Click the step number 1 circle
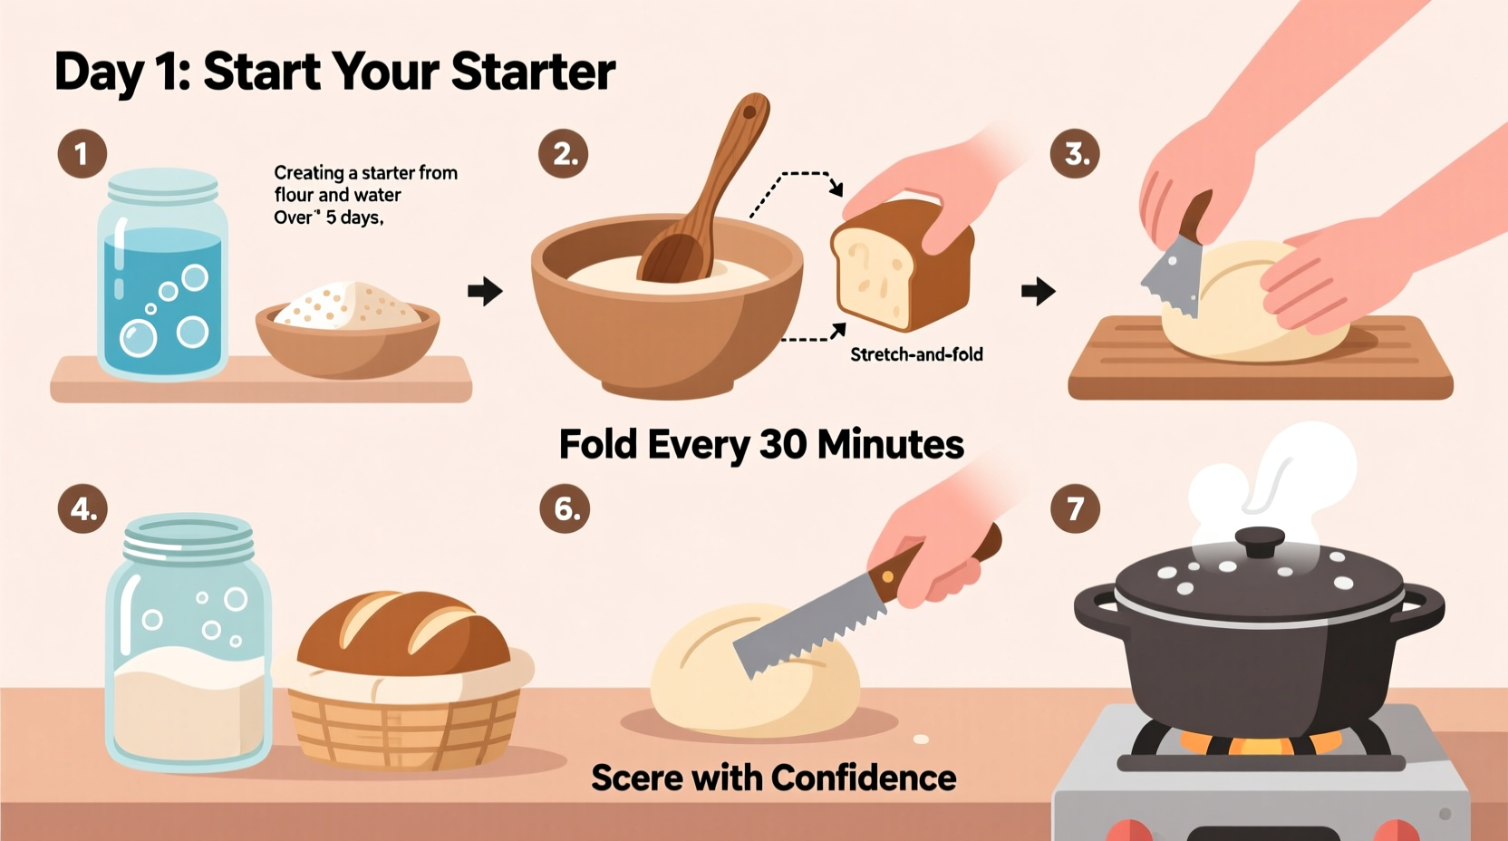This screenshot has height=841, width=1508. [x=82, y=153]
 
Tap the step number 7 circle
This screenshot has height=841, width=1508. [x=1075, y=508]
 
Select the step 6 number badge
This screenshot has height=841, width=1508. [x=565, y=508]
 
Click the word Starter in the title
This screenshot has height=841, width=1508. [x=533, y=72]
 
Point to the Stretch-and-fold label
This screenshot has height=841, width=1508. [x=916, y=354]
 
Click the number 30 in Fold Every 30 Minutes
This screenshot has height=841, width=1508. [x=781, y=444]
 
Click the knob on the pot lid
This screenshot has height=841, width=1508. [x=1259, y=542]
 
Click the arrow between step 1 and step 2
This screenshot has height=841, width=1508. [x=485, y=291]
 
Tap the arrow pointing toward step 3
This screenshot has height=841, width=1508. [x=1038, y=291]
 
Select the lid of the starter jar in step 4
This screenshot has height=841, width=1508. [x=188, y=538]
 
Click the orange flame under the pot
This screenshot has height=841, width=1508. [x=1260, y=745]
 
